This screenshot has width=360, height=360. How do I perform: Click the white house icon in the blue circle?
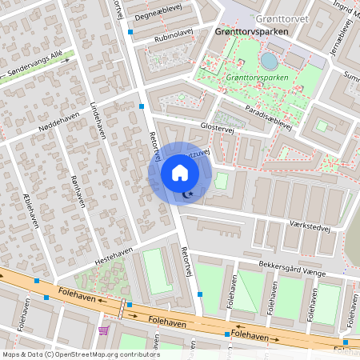pyautogui.click(x=180, y=173)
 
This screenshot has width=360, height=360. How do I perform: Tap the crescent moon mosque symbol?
pyautogui.click(x=189, y=194)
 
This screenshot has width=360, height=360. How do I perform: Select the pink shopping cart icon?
pyautogui.click(x=103, y=330)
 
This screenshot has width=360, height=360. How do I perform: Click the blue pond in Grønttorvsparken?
pyautogui.click(x=270, y=61)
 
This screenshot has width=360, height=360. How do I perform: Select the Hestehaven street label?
pyautogui.click(x=113, y=256)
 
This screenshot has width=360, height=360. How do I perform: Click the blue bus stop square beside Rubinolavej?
pyautogui.click(x=130, y=32)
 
